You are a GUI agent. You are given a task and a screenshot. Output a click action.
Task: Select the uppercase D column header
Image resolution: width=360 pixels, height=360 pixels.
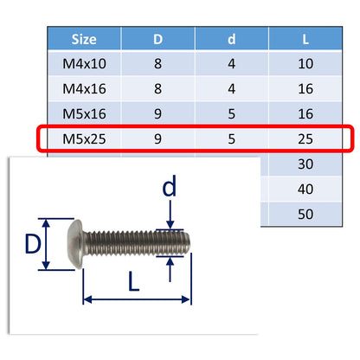click(158, 39)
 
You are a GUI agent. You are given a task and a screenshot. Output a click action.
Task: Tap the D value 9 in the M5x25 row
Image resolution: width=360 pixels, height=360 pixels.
click(158, 138)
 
